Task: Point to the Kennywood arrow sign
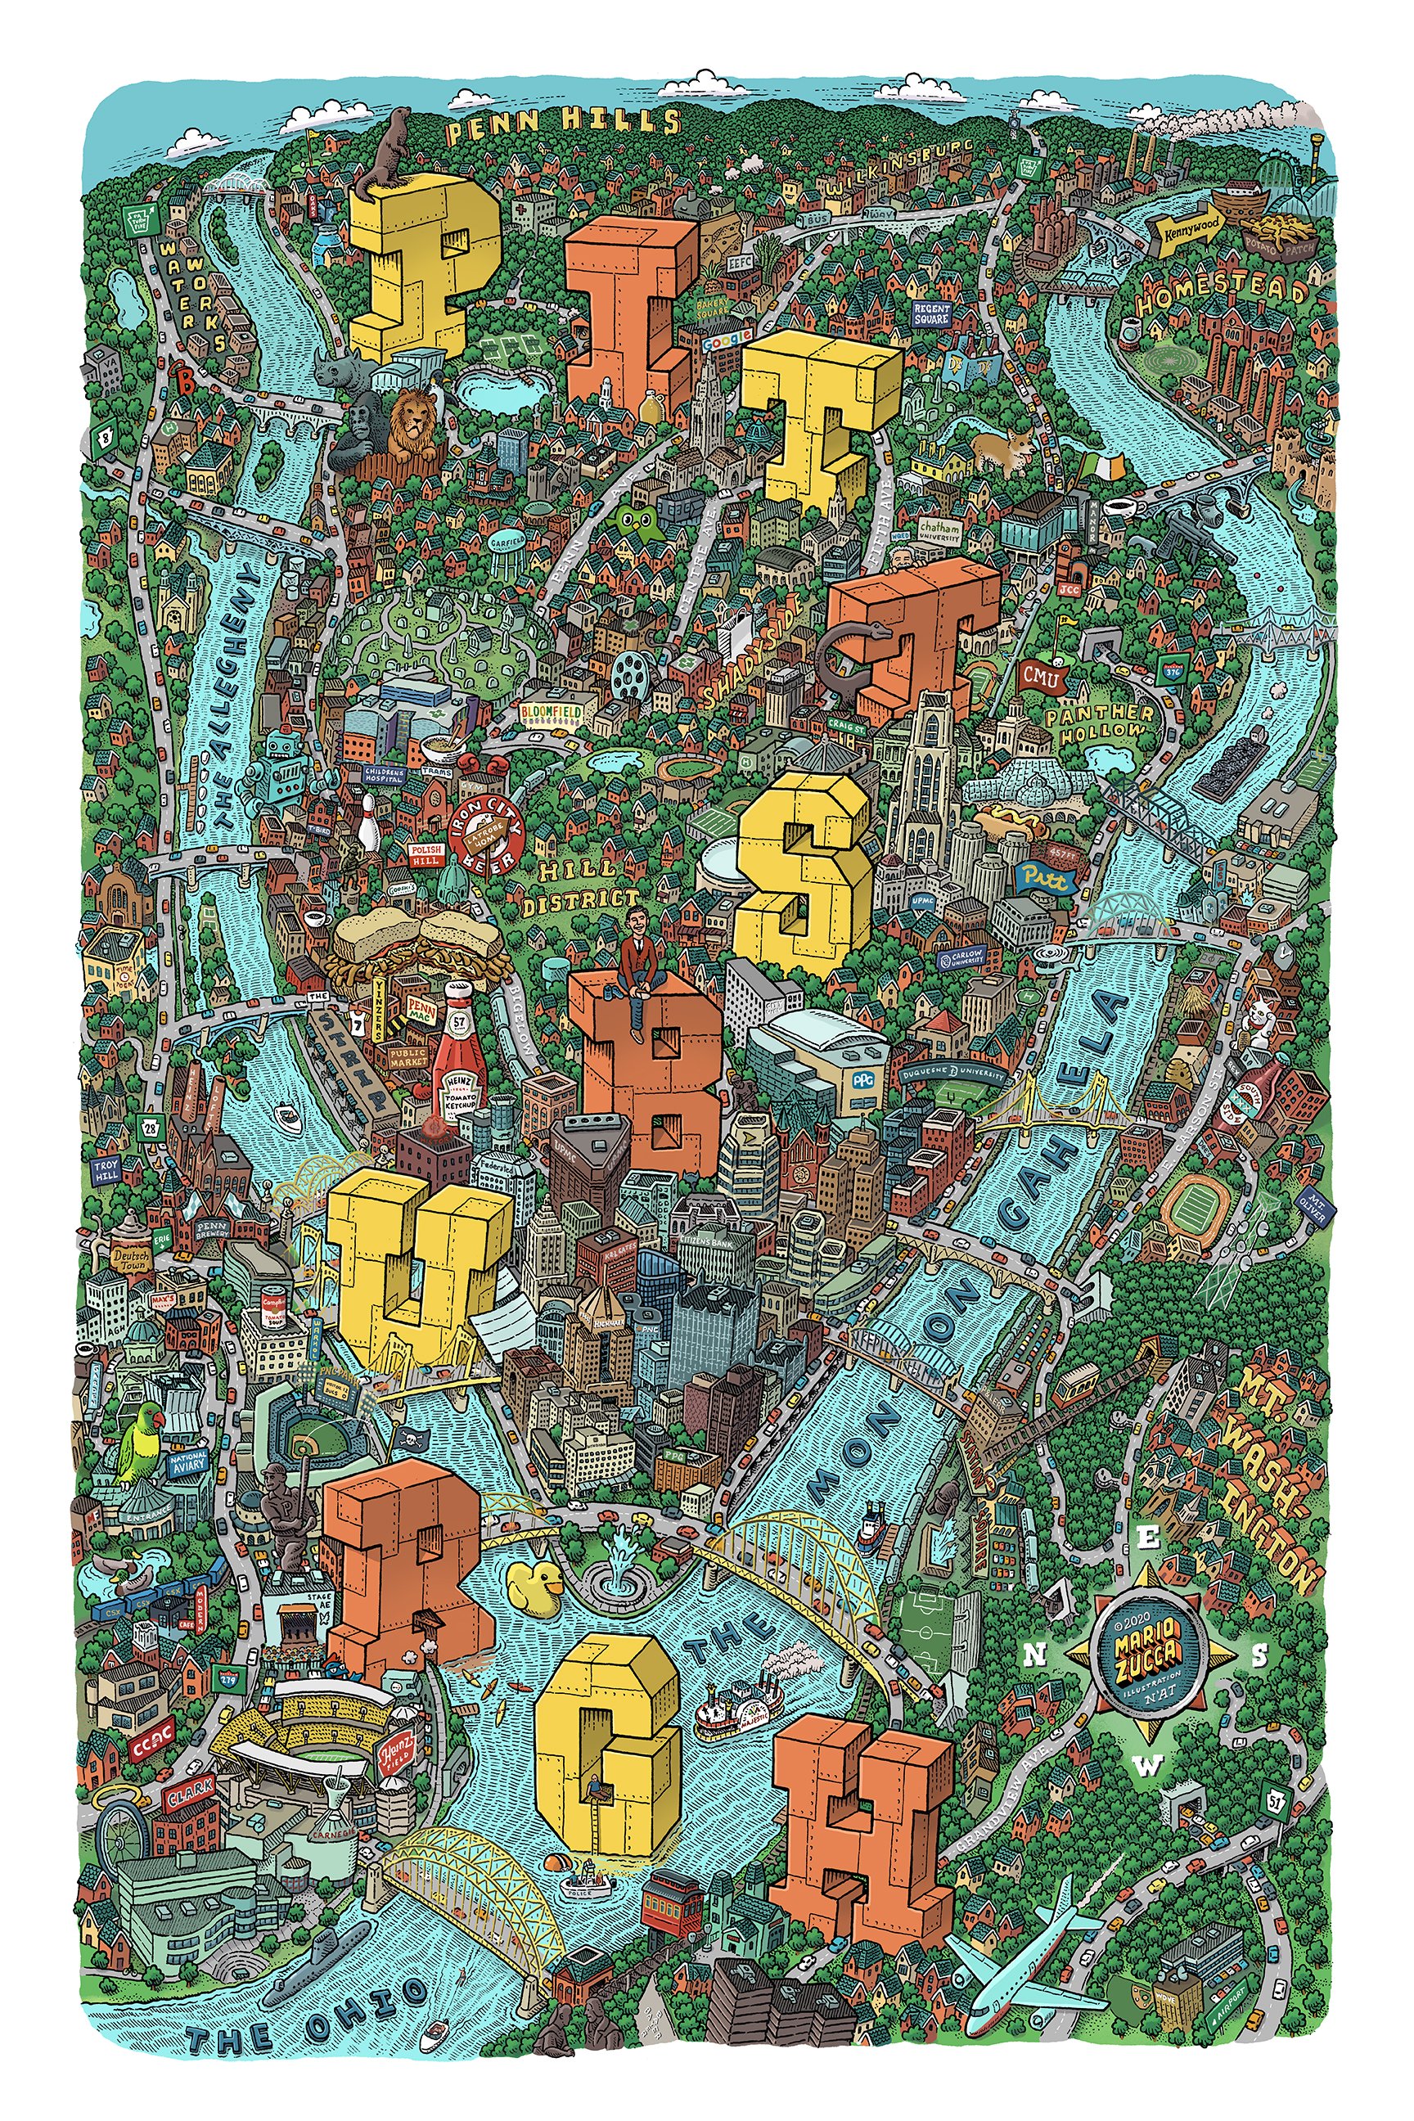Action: pos(1191,227)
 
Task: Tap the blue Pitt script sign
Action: pos(1045,876)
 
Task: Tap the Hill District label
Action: pos(586,884)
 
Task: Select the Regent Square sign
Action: pos(931,313)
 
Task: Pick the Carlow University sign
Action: pos(961,957)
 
